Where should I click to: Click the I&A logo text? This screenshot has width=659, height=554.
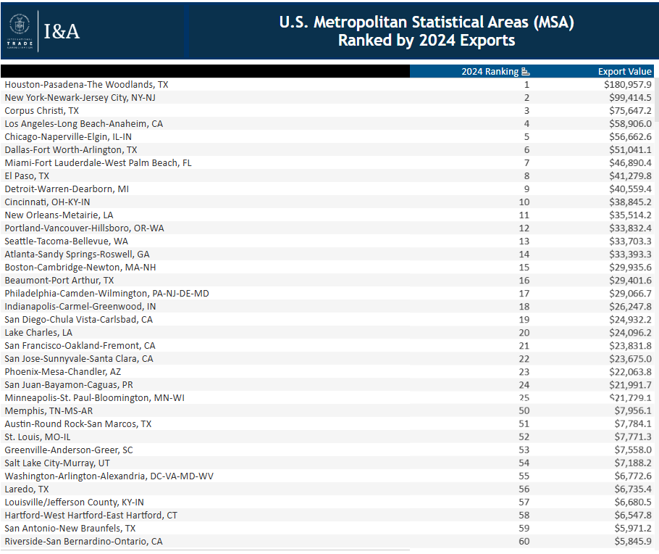[62, 30]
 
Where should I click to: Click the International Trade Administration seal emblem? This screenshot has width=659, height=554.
[19, 25]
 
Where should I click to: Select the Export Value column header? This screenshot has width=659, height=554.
[625, 71]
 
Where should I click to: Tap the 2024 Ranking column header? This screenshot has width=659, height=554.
[490, 71]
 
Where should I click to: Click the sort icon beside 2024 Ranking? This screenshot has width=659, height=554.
[526, 71]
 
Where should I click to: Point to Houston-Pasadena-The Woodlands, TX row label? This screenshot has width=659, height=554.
[86, 84]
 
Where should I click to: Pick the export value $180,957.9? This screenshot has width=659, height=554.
[626, 84]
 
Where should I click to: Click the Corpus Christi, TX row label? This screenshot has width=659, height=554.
[41, 110]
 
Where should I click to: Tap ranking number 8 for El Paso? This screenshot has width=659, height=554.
[527, 175]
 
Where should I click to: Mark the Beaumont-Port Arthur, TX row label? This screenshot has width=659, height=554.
[59, 280]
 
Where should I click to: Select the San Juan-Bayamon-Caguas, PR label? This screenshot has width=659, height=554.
[69, 384]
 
